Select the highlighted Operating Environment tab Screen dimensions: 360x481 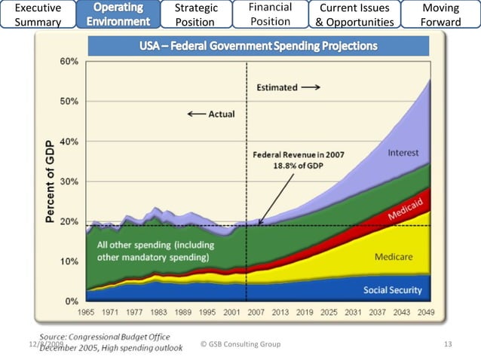pyautogui.click(x=118, y=14)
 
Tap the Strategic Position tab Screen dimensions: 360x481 pyautogui.click(x=195, y=15)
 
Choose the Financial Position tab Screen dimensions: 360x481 pyautogui.click(x=270, y=14)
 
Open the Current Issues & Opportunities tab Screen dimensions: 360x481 pyautogui.click(x=354, y=15)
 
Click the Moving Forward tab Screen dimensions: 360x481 pyautogui.click(x=441, y=15)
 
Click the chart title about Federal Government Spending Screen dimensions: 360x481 pyautogui.click(x=258, y=47)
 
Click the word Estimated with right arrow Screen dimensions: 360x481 pyautogui.click(x=288, y=87)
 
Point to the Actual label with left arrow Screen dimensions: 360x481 pyautogui.click(x=212, y=114)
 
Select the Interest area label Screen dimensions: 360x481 pyautogui.click(x=403, y=153)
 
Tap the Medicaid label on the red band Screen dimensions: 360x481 pyautogui.click(x=408, y=210)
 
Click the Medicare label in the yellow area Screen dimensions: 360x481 pyautogui.click(x=394, y=257)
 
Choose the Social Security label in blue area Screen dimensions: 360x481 pyautogui.click(x=392, y=290)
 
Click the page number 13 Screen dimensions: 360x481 pyautogui.click(x=448, y=344)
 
